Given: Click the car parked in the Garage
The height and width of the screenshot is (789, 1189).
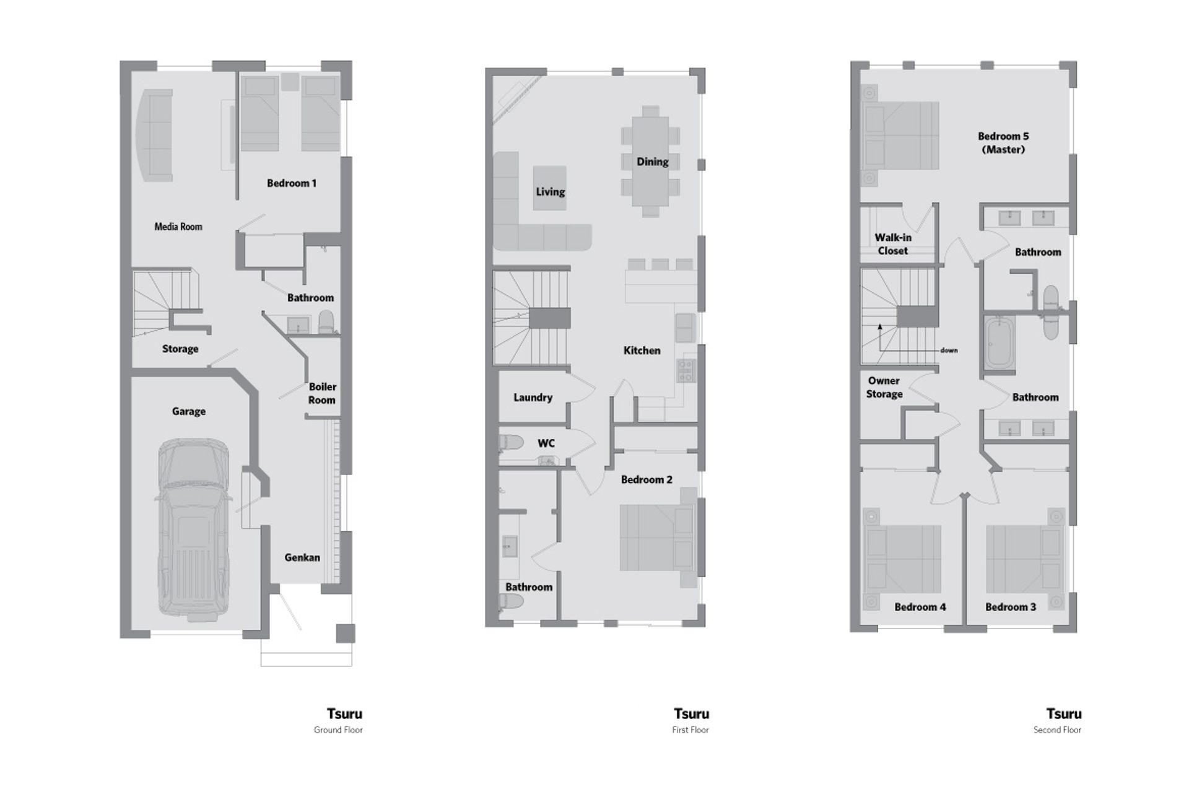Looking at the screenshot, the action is pos(194,529).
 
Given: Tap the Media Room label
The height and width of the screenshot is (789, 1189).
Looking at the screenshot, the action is pos(178,227).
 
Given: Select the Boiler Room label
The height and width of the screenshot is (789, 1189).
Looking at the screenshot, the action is pos(322,393).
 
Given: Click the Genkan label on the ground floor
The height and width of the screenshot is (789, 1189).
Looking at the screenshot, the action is pos(302,557).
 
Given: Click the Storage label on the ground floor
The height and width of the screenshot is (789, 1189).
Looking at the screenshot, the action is pos(180,349).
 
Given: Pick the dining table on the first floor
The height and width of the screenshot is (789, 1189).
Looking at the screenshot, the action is pos(650,161).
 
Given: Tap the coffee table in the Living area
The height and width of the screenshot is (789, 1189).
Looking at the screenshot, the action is pos(550,187).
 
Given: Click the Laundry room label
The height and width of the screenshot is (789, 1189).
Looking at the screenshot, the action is pos(533,398).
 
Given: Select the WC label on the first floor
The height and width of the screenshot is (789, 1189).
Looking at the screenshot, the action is pos(546,443).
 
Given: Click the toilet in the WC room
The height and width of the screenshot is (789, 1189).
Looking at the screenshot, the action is pos(512,442).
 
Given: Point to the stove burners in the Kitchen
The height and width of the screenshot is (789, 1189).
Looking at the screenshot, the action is pos(686,370).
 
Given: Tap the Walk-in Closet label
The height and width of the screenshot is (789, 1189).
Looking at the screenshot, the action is pos(893,244).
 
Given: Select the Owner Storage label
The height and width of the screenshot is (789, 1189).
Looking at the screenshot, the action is pos(884,388).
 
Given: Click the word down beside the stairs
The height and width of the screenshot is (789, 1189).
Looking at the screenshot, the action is pos(949,351).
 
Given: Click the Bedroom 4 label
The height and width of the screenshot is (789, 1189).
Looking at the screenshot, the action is pos(920,607).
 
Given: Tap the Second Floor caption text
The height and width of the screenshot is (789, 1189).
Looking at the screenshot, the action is pos(1057,730).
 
